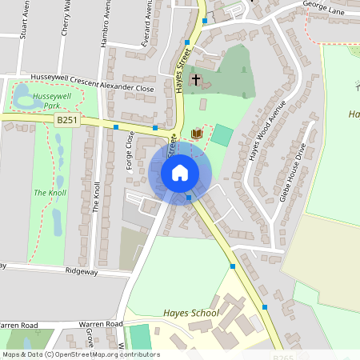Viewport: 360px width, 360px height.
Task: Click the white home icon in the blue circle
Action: tap(180, 173)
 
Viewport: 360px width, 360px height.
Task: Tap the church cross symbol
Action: tap(196, 80)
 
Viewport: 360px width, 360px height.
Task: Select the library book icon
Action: tap(196, 133)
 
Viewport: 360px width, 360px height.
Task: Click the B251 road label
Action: tap(67, 120)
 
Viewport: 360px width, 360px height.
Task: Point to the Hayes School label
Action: tap(191, 313)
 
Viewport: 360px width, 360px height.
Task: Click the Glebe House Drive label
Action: tap(293, 171)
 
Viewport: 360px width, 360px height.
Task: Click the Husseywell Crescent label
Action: tap(63, 78)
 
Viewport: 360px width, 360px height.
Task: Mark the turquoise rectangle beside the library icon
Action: tap(222, 135)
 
